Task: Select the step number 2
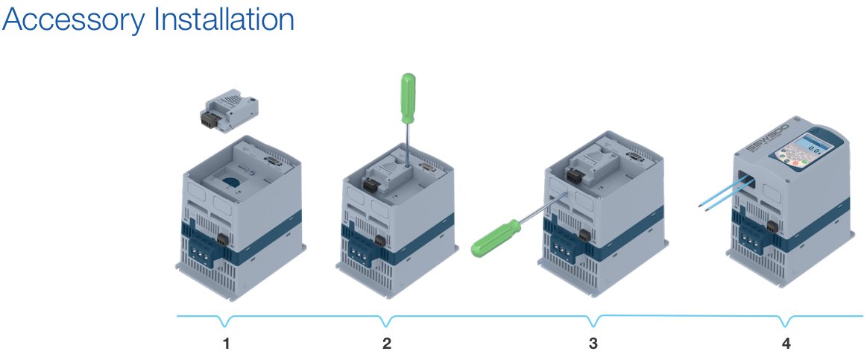(386, 344)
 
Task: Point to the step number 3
(593, 344)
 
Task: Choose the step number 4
(786, 344)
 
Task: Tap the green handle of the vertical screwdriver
(408, 98)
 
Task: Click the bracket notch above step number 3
(593, 323)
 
